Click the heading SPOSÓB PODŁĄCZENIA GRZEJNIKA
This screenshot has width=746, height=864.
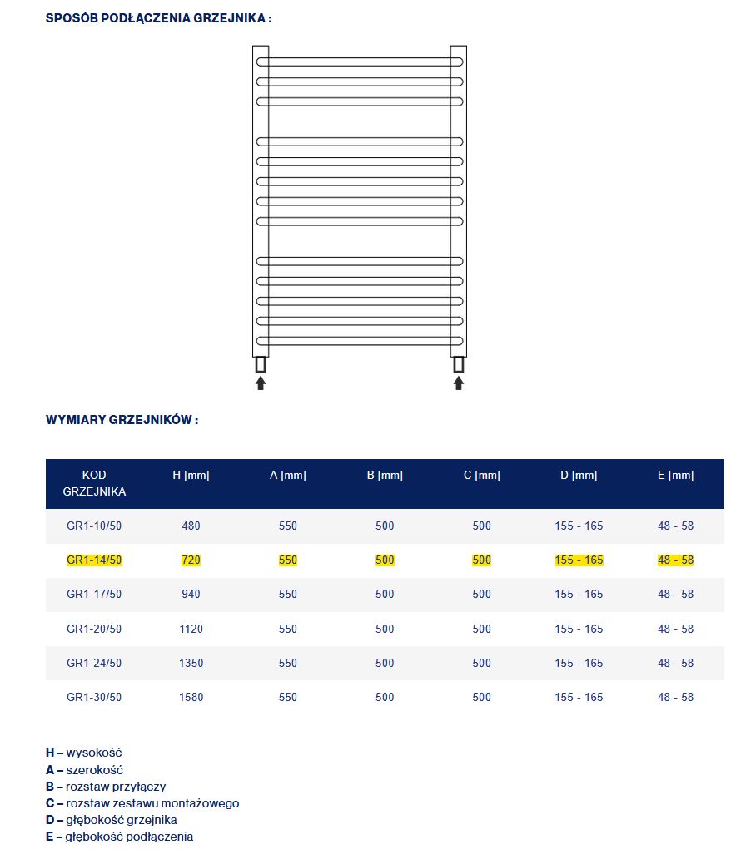158,17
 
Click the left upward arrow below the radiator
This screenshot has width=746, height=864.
261,383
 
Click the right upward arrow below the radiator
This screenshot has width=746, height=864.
458,383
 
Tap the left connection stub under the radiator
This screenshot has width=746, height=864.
261,364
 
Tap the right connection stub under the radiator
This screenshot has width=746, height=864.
458,364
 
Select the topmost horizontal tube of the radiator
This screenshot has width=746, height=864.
360,62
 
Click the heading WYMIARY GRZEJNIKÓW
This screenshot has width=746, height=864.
122,420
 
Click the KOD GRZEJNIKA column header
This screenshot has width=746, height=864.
94,483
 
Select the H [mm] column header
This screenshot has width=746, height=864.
191,476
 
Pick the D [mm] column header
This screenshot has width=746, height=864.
579,476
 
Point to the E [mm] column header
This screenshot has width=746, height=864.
675,476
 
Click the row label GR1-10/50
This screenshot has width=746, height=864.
94,526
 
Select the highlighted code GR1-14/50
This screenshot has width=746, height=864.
94,560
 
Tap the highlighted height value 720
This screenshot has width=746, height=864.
191,560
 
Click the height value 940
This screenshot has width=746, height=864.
191,595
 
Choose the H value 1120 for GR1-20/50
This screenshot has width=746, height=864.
191,629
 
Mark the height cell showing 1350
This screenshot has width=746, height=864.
191,663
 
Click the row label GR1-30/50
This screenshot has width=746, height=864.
94,697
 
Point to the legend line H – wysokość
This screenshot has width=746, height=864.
84,753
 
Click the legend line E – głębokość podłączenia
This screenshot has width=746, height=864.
119,837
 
